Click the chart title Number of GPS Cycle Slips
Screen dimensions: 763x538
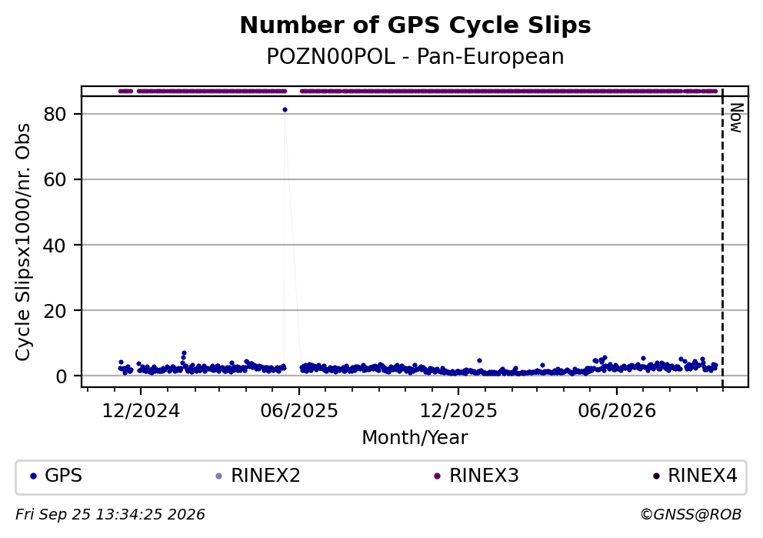(x=415, y=25)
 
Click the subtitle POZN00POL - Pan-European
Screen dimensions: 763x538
(x=415, y=57)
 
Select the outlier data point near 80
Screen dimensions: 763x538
(x=285, y=110)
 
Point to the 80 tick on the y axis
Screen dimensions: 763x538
(x=55, y=115)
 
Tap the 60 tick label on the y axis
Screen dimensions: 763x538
(x=55, y=179)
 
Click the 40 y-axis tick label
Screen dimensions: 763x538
(x=55, y=246)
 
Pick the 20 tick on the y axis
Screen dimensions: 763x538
(x=55, y=311)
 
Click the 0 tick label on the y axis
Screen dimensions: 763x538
(x=61, y=376)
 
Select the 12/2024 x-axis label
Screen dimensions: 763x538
(x=141, y=411)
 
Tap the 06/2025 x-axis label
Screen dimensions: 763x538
(x=299, y=411)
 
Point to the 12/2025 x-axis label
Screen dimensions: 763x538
(x=458, y=411)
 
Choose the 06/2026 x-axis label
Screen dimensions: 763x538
(x=617, y=411)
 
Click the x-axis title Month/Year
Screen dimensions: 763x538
(x=415, y=438)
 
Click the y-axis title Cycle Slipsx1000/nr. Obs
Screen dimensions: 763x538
(x=23, y=242)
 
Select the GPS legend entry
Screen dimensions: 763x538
(x=56, y=476)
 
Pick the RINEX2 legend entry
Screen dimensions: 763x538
(x=258, y=476)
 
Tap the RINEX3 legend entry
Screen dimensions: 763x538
(x=477, y=476)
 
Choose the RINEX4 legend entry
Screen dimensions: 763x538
(x=695, y=476)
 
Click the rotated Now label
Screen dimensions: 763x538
(x=736, y=118)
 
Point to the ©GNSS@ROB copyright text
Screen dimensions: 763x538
(x=691, y=515)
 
